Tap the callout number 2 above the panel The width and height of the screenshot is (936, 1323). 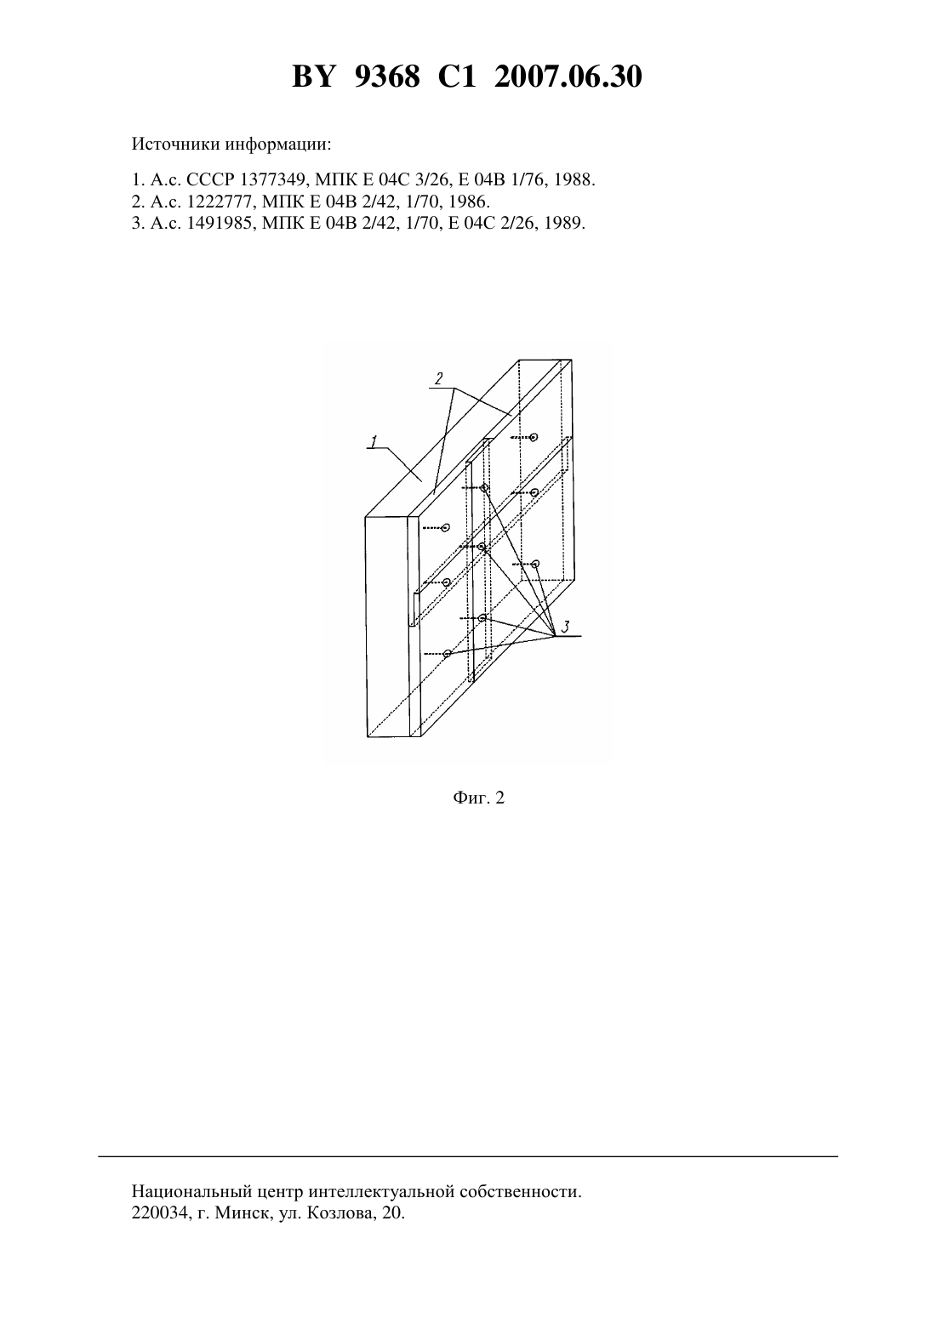pyautogui.click(x=438, y=378)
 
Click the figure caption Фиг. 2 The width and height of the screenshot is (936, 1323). pyautogui.click(x=478, y=798)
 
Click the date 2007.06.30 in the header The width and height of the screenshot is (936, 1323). pyautogui.click(x=568, y=77)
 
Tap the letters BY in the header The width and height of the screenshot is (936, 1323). pyautogui.click(x=314, y=77)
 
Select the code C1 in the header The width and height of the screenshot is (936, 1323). pyautogui.click(x=457, y=77)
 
